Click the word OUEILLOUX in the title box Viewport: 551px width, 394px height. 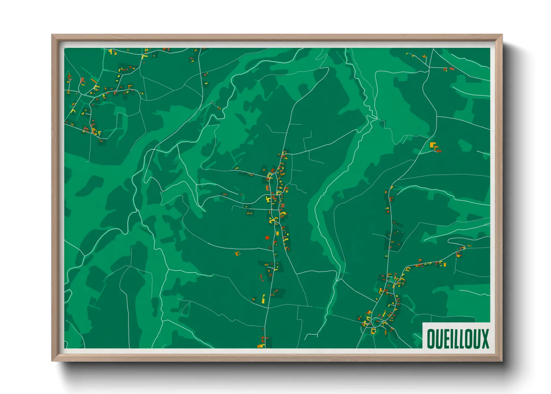tap(458, 339)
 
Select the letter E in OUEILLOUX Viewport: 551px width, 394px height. tap(446, 339)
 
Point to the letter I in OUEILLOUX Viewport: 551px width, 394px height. tap(452, 339)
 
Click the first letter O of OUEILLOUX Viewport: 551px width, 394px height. tap(431, 339)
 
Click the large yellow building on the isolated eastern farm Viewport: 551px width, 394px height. tap(432, 144)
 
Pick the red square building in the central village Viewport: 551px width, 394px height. tap(267, 238)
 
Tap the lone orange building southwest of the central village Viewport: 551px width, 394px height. tap(236, 253)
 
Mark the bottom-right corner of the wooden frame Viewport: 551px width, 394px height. tap(502, 360)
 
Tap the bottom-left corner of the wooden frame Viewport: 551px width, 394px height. tap(52, 360)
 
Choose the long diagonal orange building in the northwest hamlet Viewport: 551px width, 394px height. tap(93, 80)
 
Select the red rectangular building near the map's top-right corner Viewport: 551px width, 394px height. tap(452, 69)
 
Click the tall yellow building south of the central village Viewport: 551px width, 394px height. tap(264, 298)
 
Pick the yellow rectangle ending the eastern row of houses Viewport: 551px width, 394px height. tap(445, 264)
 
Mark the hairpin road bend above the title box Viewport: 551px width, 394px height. tap(450, 242)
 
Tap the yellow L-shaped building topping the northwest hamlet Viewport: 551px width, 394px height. tap(144, 57)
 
